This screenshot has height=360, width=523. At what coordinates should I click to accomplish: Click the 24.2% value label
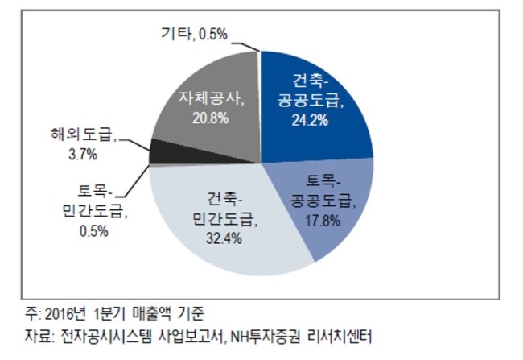(x=311, y=119)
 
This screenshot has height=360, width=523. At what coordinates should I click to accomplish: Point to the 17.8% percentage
(x=322, y=221)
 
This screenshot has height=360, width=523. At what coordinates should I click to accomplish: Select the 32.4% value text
(x=224, y=238)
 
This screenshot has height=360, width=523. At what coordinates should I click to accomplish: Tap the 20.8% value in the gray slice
(x=210, y=118)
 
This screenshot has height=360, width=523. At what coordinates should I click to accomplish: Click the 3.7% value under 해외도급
(x=83, y=155)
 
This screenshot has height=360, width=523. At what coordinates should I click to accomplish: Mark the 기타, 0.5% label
(x=194, y=34)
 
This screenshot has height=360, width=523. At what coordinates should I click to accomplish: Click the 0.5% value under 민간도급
(x=93, y=231)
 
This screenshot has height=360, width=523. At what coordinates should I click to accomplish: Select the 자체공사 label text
(x=211, y=99)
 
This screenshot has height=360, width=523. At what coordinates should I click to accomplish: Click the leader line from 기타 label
(x=246, y=46)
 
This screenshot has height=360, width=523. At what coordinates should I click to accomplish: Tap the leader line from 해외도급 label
(x=134, y=145)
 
